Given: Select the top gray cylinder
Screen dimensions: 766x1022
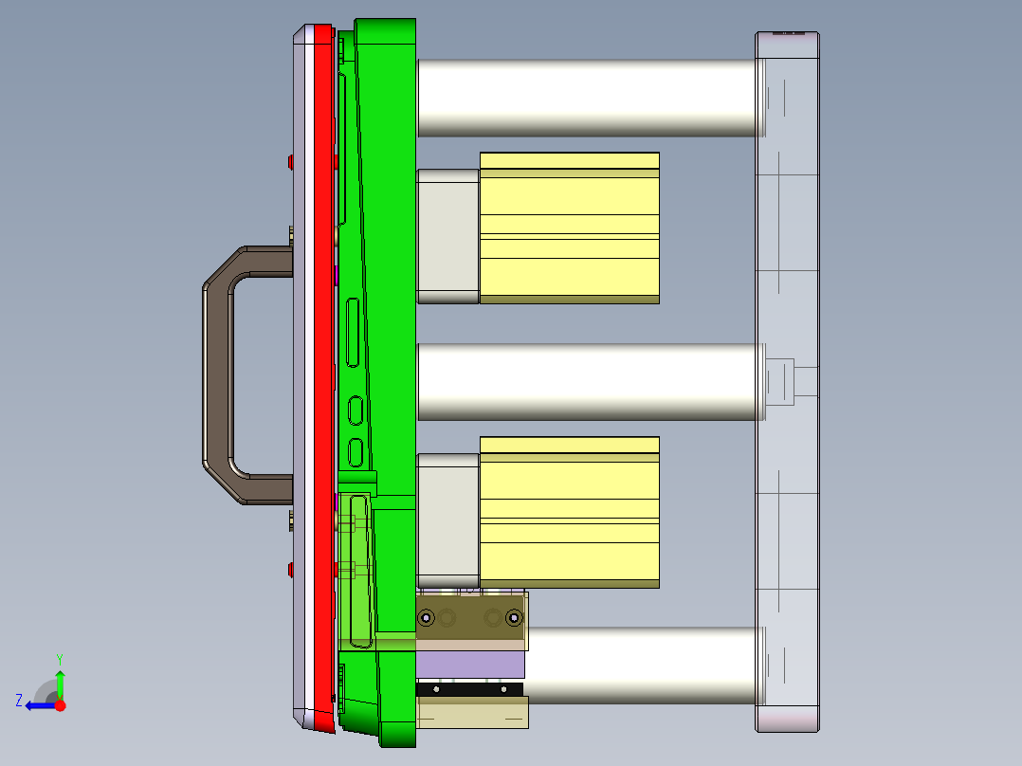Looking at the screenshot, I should point(588,98).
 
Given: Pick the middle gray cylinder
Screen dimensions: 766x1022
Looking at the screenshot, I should point(588,381).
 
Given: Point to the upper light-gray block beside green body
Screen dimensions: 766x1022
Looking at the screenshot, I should point(447,236).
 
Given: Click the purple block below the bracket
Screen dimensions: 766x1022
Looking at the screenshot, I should point(470,665).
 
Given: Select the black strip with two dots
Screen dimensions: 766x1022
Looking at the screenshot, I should point(470,689).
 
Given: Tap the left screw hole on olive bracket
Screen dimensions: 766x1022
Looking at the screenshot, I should point(426,618).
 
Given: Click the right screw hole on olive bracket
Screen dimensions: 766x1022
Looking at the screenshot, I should point(514,618).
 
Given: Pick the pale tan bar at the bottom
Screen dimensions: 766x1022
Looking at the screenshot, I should point(472,713).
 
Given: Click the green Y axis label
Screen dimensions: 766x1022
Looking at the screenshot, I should point(59,658).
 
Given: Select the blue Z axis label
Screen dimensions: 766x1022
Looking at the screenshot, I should point(19,700).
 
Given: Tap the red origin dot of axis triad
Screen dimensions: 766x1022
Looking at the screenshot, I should point(60,705).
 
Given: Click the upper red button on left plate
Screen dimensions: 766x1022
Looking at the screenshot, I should point(290,161).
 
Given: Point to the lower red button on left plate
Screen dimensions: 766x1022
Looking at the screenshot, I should point(290,569).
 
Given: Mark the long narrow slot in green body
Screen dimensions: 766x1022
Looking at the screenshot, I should point(353,332).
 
